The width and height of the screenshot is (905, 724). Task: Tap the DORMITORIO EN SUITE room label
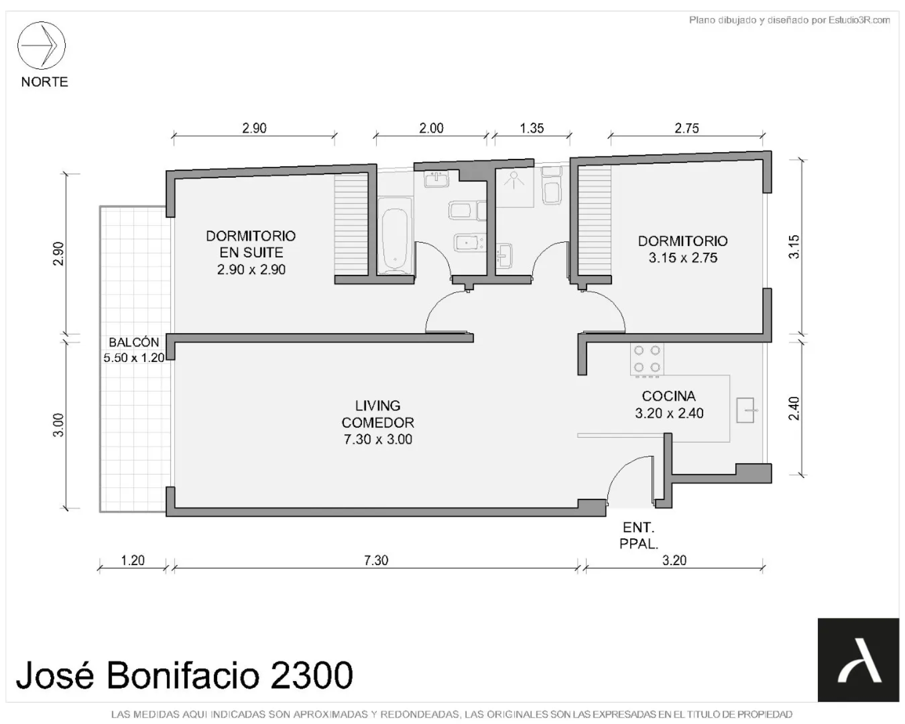point(251,252)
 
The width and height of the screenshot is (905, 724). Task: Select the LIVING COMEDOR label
point(378,422)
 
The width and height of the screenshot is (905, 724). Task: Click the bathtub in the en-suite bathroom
point(395,236)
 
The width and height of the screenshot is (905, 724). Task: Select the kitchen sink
point(745,410)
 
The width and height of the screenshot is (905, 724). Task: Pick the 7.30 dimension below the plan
point(376,560)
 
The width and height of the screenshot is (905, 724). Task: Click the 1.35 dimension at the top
point(532,128)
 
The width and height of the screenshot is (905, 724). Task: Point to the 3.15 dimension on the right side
point(794,247)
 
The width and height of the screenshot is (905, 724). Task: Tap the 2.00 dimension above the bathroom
point(431,128)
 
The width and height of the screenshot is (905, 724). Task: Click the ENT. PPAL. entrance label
point(639,535)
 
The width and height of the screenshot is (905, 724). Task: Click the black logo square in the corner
point(858,660)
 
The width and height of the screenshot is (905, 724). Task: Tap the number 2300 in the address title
point(312,675)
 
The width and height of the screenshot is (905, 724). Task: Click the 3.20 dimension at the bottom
point(674,560)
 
